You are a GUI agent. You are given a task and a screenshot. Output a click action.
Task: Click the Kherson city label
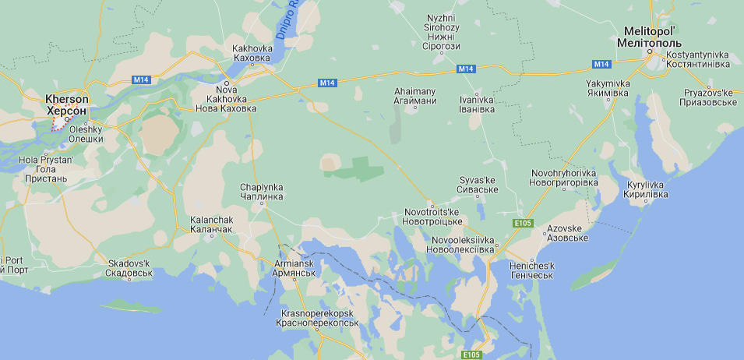click(x=67, y=105)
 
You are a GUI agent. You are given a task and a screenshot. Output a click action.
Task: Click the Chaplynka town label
click(x=262, y=192)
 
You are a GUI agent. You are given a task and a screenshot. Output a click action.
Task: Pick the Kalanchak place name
click(x=212, y=224)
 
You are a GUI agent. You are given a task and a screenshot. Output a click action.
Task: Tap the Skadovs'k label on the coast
click(x=129, y=268)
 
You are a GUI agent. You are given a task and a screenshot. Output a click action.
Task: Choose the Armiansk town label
click(x=294, y=269)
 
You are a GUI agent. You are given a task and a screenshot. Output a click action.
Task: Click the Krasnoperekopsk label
click(x=319, y=317)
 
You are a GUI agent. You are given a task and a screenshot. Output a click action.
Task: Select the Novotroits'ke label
click(x=432, y=217)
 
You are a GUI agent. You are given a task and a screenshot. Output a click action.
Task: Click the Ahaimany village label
click(x=414, y=96)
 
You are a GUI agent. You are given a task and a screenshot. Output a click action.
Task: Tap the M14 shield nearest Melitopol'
click(x=601, y=63)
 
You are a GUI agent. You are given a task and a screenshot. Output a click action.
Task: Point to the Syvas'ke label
click(x=478, y=185)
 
